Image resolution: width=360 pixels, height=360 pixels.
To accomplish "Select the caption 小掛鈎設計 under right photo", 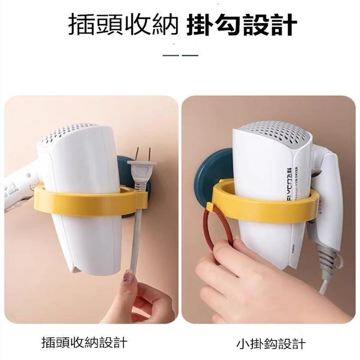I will pyautogui.click(x=271, y=344).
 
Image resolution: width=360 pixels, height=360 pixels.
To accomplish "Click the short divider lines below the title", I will pyautogui.click(x=180, y=55).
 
